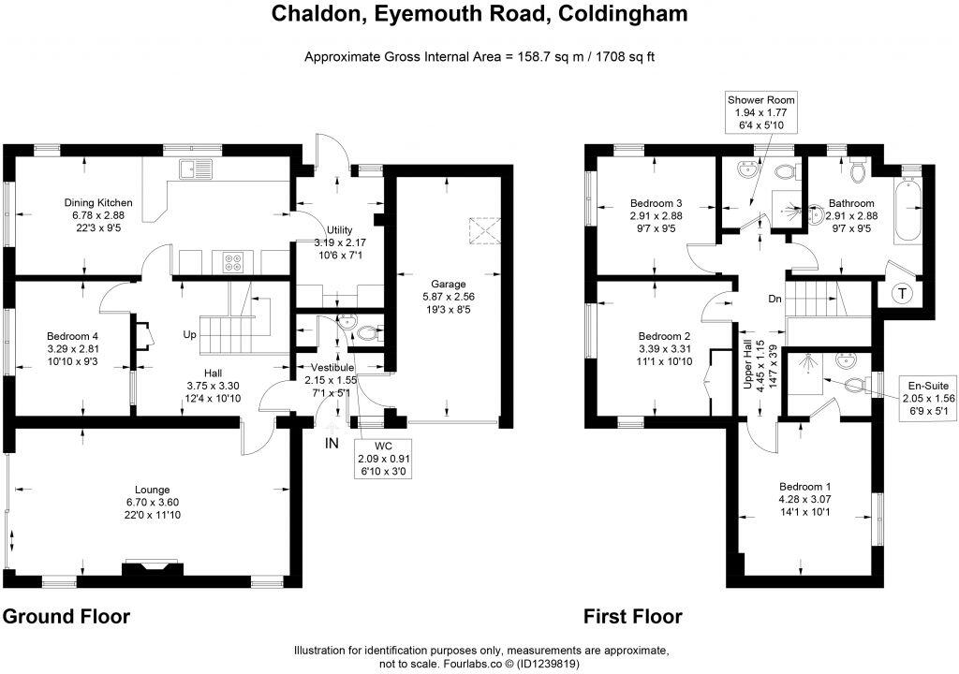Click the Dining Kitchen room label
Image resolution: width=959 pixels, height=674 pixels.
[98, 202]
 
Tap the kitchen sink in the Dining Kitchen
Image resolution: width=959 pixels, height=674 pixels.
[199, 168]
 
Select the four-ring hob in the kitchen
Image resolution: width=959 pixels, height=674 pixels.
[232, 262]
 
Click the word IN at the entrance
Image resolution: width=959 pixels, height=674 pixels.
[332, 443]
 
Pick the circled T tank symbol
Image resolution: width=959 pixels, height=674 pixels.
[902, 293]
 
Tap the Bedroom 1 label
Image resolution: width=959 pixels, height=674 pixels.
[805, 487]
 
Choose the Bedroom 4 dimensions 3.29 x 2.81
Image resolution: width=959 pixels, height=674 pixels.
[72, 348]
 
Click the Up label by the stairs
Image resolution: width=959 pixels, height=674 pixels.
[190, 334]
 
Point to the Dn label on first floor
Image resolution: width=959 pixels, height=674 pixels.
[774, 300]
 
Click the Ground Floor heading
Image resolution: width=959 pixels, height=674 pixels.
[66, 616]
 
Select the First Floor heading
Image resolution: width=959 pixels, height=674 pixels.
[633, 616]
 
